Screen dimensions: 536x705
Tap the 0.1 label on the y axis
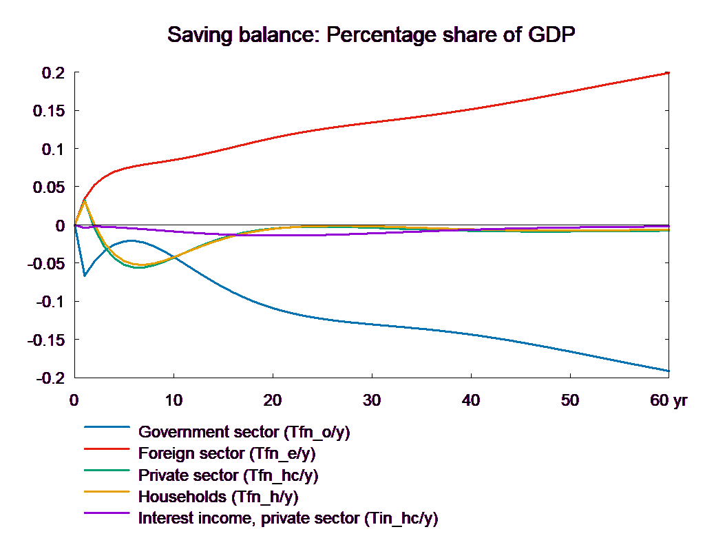pyautogui.click(x=52, y=150)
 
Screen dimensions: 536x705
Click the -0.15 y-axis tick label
pyautogui.click(x=45, y=340)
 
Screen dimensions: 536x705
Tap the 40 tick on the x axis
pyautogui.click(x=471, y=400)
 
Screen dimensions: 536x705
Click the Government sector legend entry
pyautogui.click(x=244, y=433)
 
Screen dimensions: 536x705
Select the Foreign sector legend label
pyautogui.click(x=227, y=454)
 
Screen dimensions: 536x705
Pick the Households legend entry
pyautogui.click(x=218, y=496)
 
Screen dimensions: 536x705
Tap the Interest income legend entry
pyautogui.click(x=288, y=517)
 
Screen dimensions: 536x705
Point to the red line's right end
pyautogui.click(x=669, y=72)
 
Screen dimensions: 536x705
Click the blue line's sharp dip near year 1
pyautogui.click(x=85, y=276)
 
